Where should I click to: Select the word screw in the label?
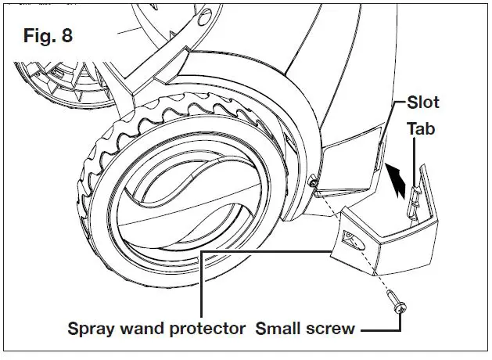pos(332,329)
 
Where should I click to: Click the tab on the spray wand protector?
pos(414,187)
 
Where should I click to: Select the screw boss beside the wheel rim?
pos(313,182)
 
